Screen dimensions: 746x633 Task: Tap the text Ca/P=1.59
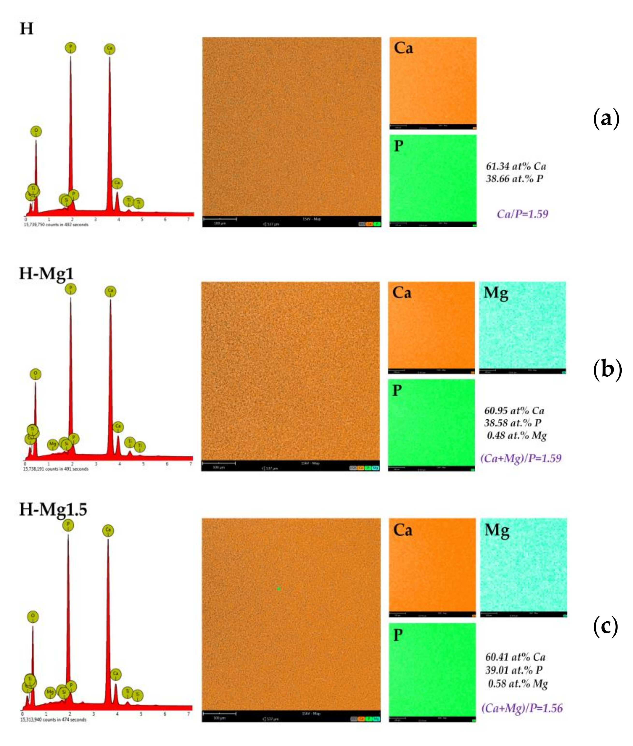(x=523, y=214)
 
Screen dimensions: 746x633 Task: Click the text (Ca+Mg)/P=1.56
(x=522, y=708)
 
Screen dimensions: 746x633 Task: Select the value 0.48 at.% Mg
(x=517, y=436)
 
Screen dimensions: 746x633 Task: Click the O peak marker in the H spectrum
(x=36, y=131)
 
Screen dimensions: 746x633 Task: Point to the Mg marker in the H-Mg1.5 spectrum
(x=50, y=692)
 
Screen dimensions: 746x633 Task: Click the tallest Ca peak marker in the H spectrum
(x=110, y=49)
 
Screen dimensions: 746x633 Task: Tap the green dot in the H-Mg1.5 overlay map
(x=279, y=589)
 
